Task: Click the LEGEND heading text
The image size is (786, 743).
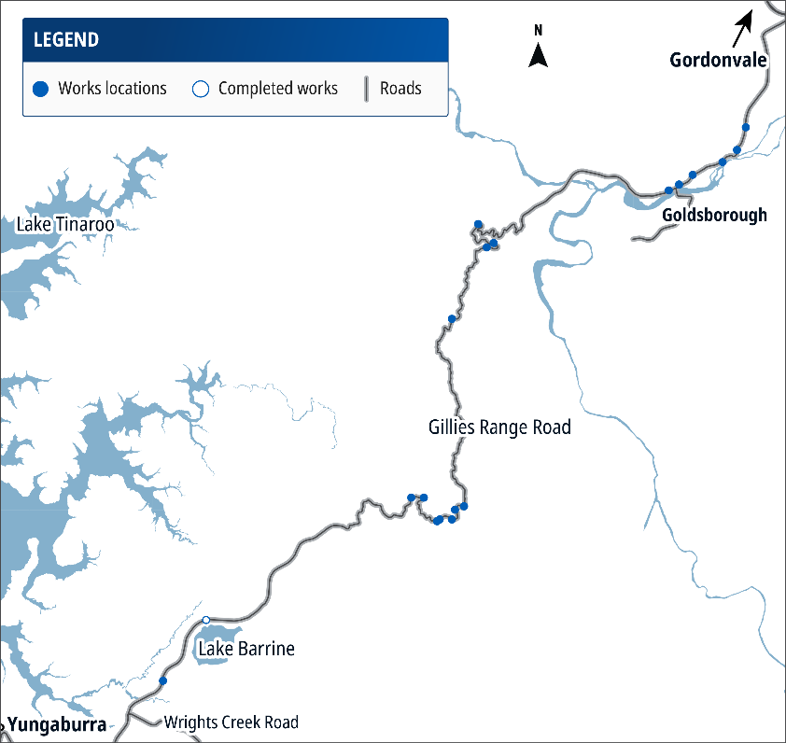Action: click(x=65, y=40)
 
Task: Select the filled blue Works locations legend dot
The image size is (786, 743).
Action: click(x=39, y=90)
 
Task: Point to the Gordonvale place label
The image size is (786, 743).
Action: click(x=718, y=62)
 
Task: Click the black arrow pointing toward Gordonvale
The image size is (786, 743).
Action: click(x=743, y=26)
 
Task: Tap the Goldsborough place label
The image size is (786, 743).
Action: click(x=714, y=216)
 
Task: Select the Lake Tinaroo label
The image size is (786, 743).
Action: click(x=65, y=225)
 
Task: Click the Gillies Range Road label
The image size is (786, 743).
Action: click(x=499, y=428)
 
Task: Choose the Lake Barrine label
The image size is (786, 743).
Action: click(x=246, y=649)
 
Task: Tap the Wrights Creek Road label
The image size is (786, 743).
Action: click(x=231, y=722)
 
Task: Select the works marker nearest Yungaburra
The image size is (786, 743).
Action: click(x=163, y=681)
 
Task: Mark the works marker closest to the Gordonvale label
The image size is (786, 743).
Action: click(x=745, y=127)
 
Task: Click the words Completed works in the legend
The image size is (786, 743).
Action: click(x=278, y=90)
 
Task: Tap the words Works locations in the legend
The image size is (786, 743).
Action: click(x=112, y=90)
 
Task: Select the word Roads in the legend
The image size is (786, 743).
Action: click(x=400, y=90)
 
